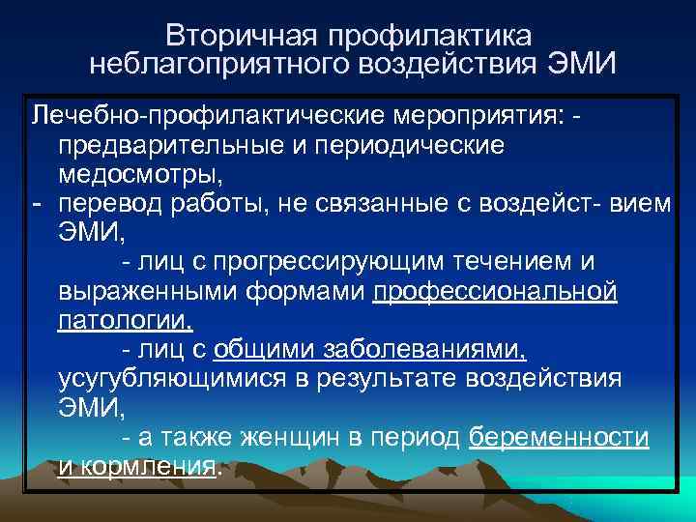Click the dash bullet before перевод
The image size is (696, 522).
pos(36,204)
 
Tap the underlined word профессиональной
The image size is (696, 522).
pos(494,291)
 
